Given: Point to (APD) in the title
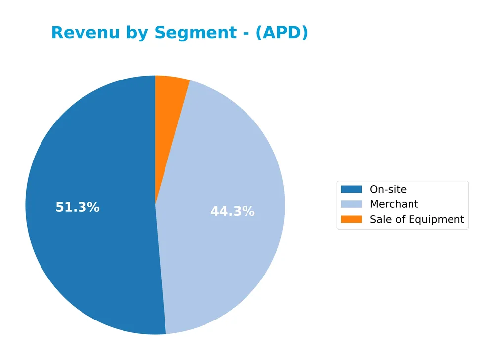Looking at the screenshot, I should (x=282, y=33).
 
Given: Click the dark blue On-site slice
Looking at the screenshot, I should (x=89, y=247).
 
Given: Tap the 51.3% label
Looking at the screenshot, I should (x=78, y=208).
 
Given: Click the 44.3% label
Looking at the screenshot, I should (x=233, y=212).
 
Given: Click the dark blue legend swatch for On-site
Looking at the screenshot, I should (x=351, y=189).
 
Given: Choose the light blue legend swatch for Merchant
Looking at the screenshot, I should (x=351, y=204).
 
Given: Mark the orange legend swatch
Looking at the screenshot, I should (x=351, y=219).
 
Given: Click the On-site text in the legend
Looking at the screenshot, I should (x=388, y=189).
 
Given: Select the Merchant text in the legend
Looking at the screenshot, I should (x=394, y=204).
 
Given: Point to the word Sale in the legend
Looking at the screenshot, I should (x=380, y=219).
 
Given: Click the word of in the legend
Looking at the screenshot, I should (x=400, y=219).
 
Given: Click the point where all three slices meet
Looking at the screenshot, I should (x=155, y=205).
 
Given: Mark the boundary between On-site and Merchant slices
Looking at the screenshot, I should (x=161, y=269).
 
